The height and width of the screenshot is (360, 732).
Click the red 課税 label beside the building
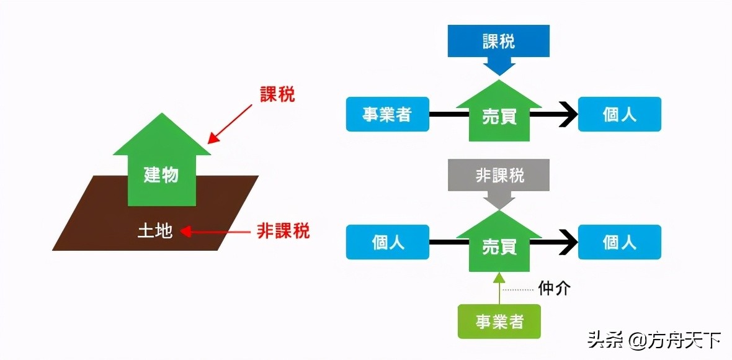coord(277,95)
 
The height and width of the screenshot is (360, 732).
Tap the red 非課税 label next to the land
coord(283,232)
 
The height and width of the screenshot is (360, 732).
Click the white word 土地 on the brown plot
coord(154,232)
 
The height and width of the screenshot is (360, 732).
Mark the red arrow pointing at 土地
coord(214,233)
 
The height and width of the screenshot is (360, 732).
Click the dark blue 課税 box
coord(499,42)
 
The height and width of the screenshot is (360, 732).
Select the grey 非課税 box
coord(499,176)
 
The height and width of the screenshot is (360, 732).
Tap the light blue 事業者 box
coord(387,115)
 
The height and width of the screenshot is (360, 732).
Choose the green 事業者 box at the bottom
coord(499,322)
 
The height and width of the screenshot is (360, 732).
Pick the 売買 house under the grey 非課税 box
coord(499,243)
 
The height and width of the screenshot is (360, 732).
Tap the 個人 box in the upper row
coord(619,115)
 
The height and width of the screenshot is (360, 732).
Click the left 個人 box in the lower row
coord(387,241)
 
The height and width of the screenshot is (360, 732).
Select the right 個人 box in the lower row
coord(619,241)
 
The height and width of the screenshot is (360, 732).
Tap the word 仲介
coord(554,289)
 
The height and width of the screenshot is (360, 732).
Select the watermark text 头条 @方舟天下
coord(654,340)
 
